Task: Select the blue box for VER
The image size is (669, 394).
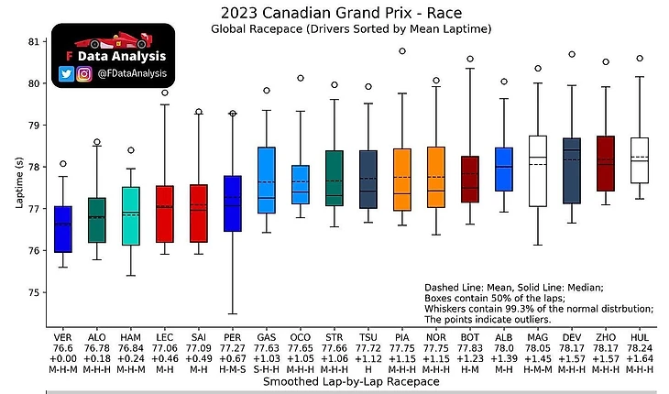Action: point(63,229)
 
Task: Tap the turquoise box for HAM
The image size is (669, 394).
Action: point(131,216)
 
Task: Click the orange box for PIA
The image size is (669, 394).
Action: point(401,180)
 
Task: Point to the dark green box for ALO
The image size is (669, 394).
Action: point(97,220)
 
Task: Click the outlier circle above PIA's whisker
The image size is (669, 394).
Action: point(401,51)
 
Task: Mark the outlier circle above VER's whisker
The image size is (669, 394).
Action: point(63,138)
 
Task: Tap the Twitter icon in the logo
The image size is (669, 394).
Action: point(66,73)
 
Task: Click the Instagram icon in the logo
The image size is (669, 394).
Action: point(84,73)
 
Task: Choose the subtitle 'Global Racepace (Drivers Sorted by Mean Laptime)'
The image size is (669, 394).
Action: point(351,29)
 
